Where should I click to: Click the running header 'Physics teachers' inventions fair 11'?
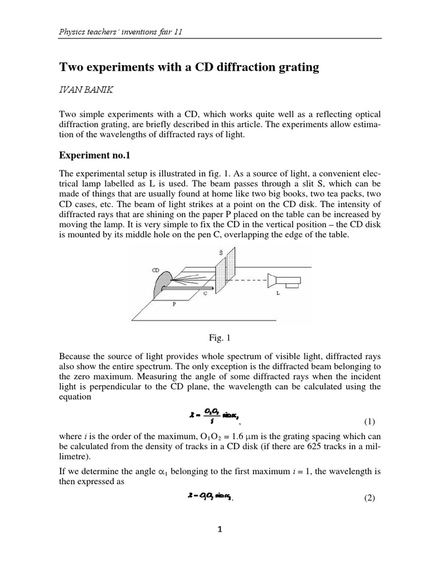coord(121,32)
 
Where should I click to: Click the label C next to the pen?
coord(205,293)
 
